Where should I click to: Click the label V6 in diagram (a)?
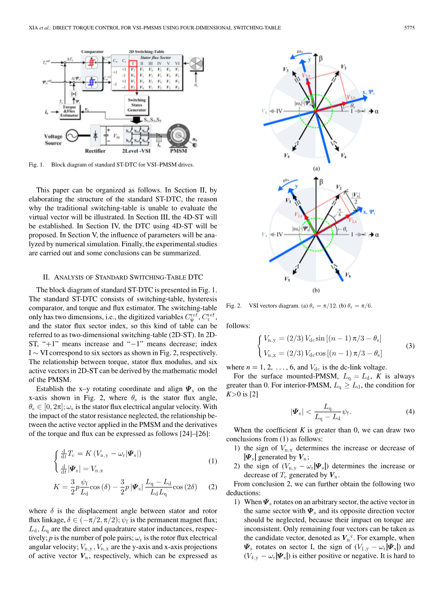(343, 156)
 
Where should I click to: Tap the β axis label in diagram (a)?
(321, 57)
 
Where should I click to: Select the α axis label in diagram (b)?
(376, 234)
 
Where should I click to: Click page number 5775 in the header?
(409, 28)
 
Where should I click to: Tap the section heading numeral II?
(47, 277)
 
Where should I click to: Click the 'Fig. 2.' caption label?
(234, 306)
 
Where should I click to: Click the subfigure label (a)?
(317, 169)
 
